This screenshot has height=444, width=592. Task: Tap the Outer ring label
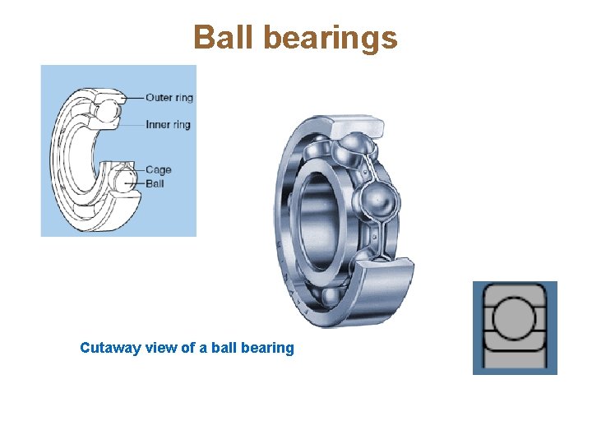tap(169, 98)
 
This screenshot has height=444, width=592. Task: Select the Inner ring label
tap(168, 125)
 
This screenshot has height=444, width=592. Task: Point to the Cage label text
tap(158, 170)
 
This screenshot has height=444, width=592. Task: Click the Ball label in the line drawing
tap(155, 183)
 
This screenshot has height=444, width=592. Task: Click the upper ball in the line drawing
tap(108, 108)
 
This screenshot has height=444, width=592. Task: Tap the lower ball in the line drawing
tap(123, 178)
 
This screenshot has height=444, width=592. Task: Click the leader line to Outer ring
tap(133, 98)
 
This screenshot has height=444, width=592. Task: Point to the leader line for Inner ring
tap(129, 125)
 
